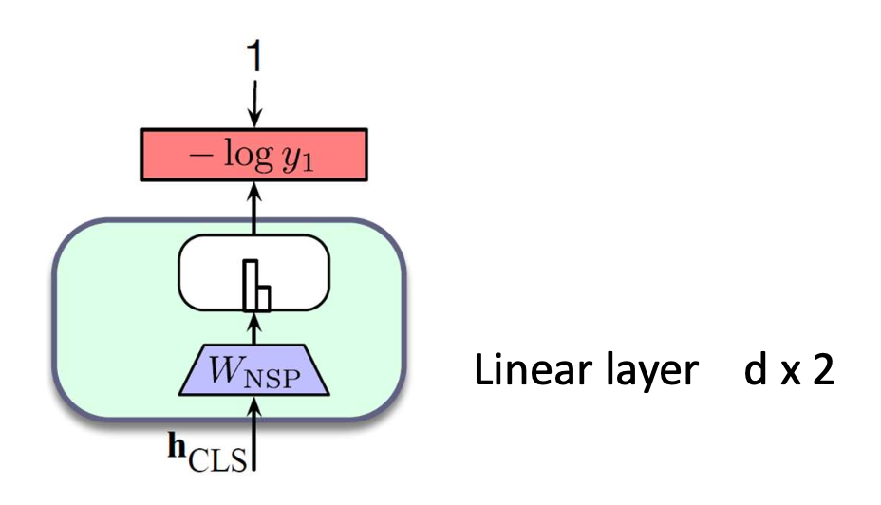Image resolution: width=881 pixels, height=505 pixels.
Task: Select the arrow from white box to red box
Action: coord(253,210)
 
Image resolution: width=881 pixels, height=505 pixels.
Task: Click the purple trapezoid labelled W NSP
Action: coord(253,369)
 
